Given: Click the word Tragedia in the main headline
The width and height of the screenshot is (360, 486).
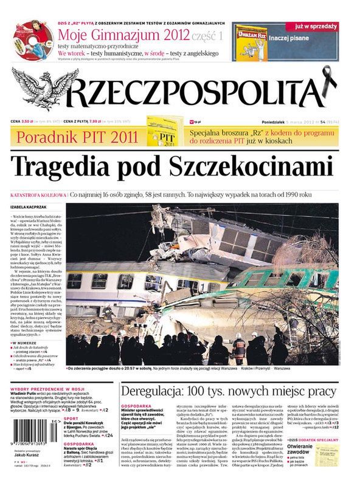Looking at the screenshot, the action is click(64, 166).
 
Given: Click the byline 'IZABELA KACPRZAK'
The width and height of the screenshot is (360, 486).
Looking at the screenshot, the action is click(28, 207).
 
